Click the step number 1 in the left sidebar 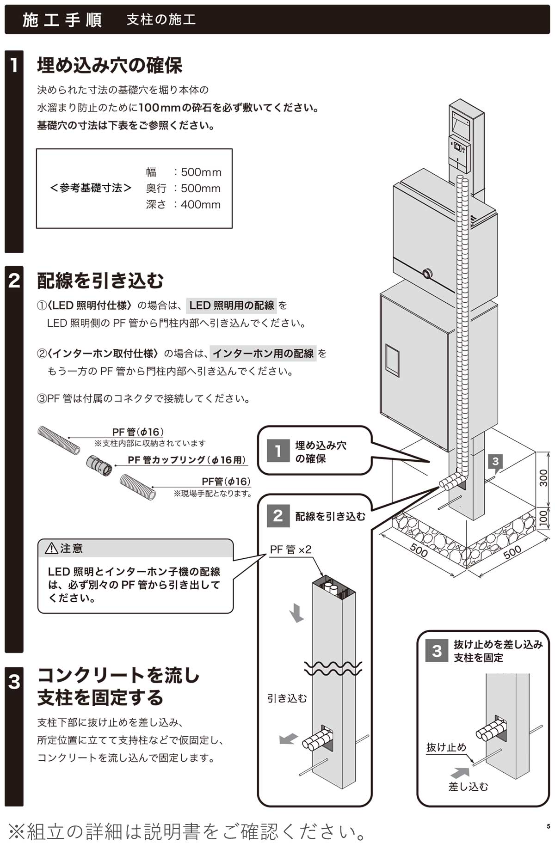point(14,65)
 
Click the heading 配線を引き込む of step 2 point(100,280)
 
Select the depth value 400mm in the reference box point(201,204)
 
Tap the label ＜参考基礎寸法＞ point(91,188)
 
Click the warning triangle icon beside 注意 point(51,549)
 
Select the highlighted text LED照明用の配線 point(232,305)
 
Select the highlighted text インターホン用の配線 point(263,354)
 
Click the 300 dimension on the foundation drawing point(544,478)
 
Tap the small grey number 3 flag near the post point(495,461)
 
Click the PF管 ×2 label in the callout point(291,550)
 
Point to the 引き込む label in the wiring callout point(287,698)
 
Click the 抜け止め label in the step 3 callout point(446,747)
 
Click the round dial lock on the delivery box point(426,274)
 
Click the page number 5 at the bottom point(549,826)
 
